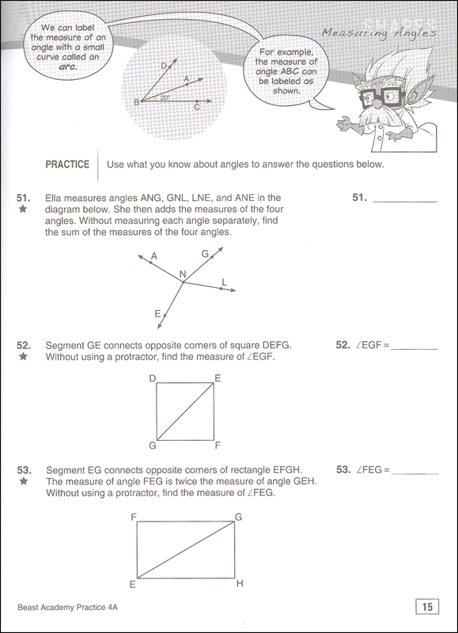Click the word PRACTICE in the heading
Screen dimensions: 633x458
[66, 165]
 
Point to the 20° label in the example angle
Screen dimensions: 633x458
[164, 98]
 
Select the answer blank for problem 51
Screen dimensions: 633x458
[403, 199]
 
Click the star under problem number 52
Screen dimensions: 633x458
[23, 357]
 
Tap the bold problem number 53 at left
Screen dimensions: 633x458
[23, 468]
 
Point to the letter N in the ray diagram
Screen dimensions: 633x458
[183, 275]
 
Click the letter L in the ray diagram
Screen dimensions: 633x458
[225, 282]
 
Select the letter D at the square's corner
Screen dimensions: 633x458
[152, 378]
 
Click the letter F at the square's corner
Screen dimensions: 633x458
[218, 445]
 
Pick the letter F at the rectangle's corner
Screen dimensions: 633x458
[134, 517]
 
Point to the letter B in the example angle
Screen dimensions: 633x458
[136, 102]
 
